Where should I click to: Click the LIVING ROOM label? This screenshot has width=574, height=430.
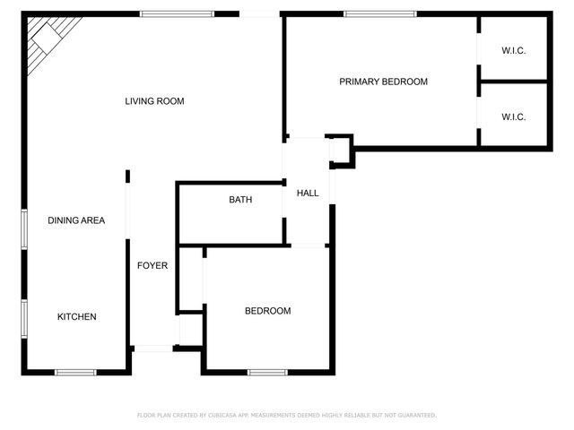pos(154,101)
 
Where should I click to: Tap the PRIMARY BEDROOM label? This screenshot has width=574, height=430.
pos(383,82)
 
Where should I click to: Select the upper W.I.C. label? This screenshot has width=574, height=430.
pos(513,50)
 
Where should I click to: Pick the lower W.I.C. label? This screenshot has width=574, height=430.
pos(513,116)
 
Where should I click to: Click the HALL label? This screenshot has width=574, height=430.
pos(308,193)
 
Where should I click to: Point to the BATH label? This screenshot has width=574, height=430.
pos(240,200)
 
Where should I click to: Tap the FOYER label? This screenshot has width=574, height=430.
pos(152,265)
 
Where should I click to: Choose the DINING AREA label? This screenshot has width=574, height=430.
pos(76,219)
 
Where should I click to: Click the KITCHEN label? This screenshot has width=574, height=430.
pos(77,316)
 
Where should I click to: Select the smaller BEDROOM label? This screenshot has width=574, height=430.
pos(268,311)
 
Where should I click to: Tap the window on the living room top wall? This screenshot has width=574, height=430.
pos(177,13)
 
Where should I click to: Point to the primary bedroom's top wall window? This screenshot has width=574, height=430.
pos(380,13)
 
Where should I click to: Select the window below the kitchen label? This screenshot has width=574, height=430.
pos(75,372)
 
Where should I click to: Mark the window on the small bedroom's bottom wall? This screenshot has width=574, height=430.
pos(267,372)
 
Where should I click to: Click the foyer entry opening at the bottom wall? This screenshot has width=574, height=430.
pos(152,348)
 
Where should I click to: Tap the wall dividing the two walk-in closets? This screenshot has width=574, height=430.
pos(513,82)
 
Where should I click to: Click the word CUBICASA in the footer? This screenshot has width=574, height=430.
pos(224,416)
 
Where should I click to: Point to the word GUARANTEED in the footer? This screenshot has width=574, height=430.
pos(416,416)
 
